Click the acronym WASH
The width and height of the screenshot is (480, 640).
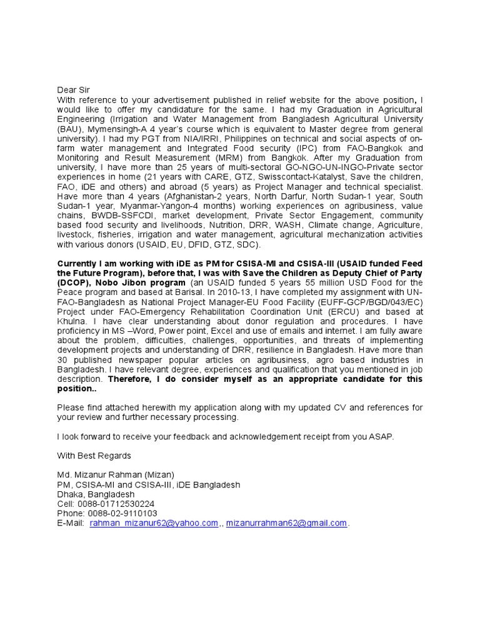pyautogui.click(x=305, y=224)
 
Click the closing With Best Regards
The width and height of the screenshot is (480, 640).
pyautogui.click(x=94, y=455)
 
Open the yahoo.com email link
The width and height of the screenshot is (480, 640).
pyautogui.click(x=154, y=523)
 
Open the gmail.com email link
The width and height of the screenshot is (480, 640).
pyautogui.click(x=286, y=523)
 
